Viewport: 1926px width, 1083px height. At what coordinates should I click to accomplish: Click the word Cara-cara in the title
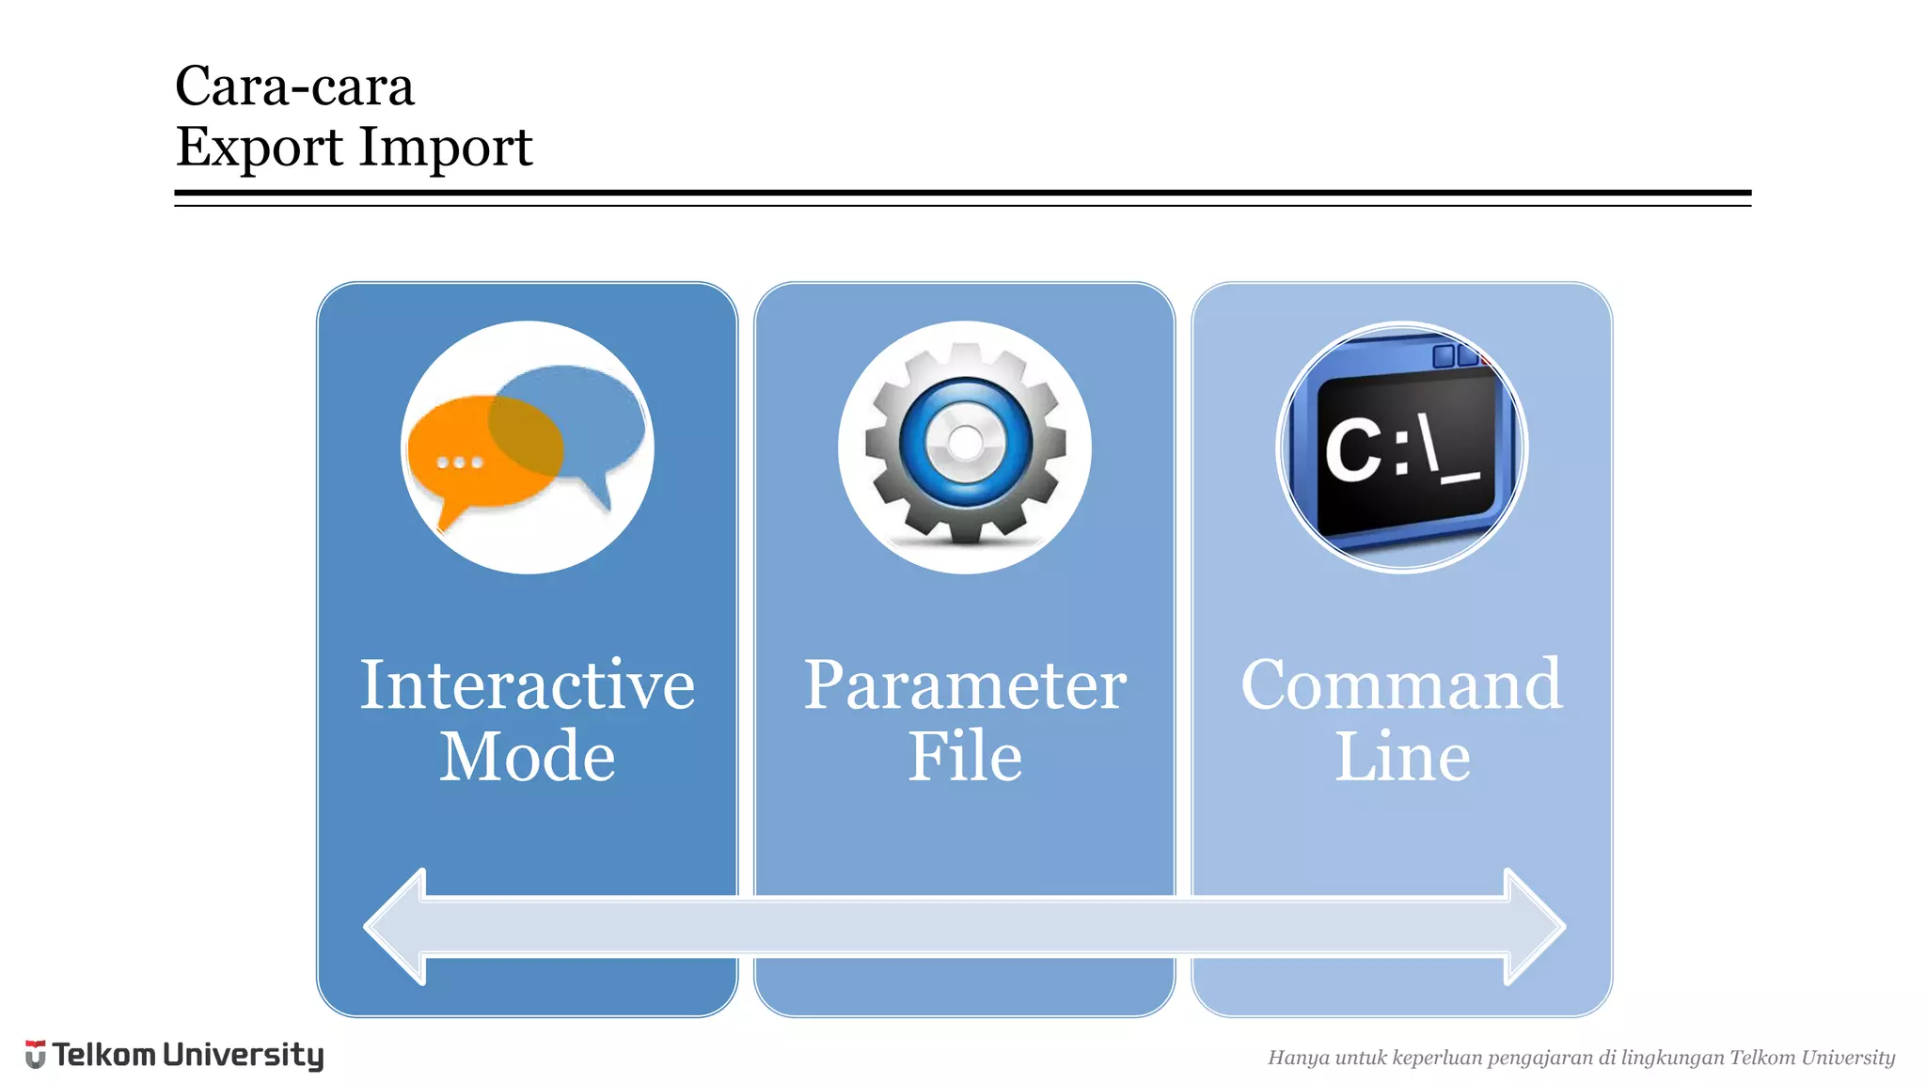coord(294,86)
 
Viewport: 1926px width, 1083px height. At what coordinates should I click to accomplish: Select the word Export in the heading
coord(260,148)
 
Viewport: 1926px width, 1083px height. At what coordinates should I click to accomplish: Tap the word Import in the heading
coord(446,148)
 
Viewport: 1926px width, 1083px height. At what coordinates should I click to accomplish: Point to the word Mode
coord(527,757)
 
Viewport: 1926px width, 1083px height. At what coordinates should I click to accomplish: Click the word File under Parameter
coord(964,757)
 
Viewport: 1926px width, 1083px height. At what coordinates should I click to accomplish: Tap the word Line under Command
coord(1401,757)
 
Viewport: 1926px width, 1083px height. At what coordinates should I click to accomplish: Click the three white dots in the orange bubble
coord(460,463)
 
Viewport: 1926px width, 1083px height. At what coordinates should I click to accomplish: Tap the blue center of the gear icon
coord(965,442)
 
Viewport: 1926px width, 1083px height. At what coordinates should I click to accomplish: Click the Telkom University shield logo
coord(36,1055)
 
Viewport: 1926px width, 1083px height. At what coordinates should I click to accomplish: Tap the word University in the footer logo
coord(243,1056)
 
